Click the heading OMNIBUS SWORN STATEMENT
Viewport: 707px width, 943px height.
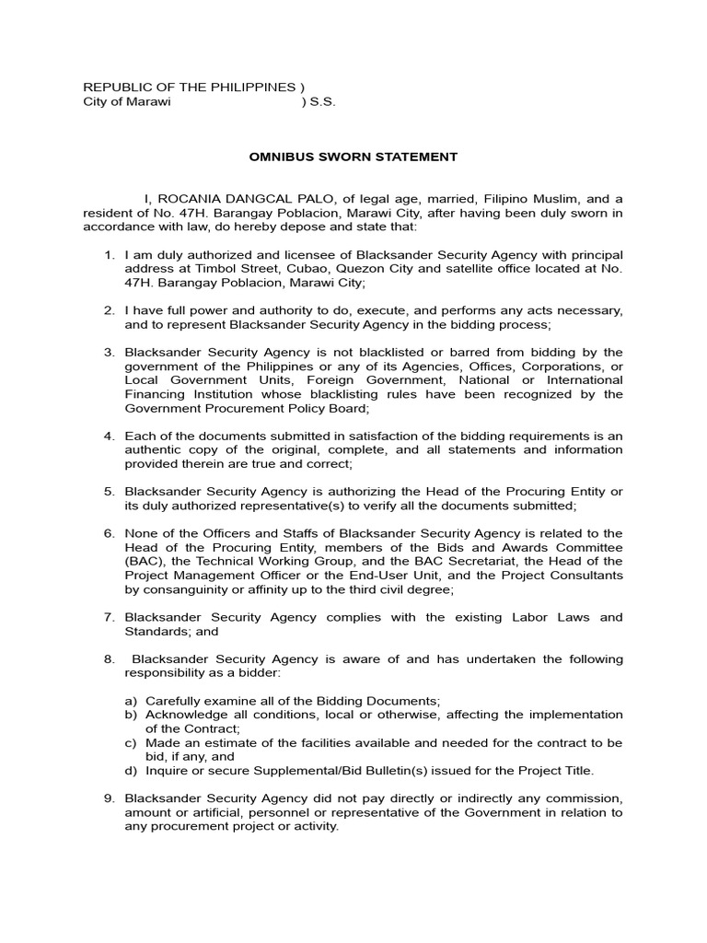pyautogui.click(x=353, y=157)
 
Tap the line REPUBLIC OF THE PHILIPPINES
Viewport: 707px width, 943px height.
pyautogui.click(x=190, y=87)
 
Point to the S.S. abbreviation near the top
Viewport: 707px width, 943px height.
pyautogui.click(x=322, y=101)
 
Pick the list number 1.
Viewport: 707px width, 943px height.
pyautogui.click(x=107, y=255)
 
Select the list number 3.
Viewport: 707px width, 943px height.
pyautogui.click(x=107, y=353)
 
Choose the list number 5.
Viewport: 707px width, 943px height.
pyautogui.click(x=107, y=492)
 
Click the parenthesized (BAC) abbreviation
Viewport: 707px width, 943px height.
pyautogui.click(x=142, y=561)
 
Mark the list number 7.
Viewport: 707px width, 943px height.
pyautogui.click(x=107, y=617)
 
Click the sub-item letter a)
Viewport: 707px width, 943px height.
pyautogui.click(x=130, y=701)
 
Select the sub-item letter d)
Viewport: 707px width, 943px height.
pyautogui.click(x=130, y=770)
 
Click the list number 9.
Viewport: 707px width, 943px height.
pyautogui.click(x=107, y=798)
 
